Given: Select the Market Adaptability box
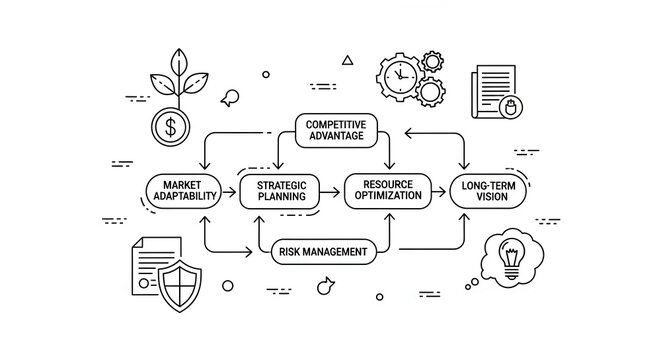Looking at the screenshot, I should [x=184, y=190].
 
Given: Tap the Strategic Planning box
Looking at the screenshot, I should [x=280, y=190].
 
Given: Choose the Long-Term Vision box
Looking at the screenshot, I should [x=487, y=190].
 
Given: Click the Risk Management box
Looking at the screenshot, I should [x=323, y=251].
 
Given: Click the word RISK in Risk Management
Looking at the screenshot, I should [x=290, y=251].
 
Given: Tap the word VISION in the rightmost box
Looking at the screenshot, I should [x=487, y=197].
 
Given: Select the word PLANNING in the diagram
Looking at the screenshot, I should [x=280, y=197].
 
